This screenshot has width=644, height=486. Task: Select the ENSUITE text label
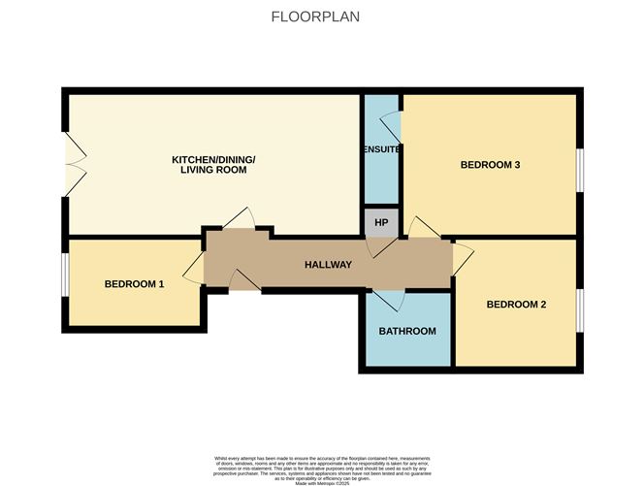point(380,149)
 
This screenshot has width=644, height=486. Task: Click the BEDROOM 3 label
point(490,165)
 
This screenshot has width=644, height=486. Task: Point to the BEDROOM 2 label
point(516,305)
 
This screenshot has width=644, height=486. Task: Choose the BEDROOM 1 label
point(134,284)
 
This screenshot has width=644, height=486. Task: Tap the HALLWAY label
point(328,265)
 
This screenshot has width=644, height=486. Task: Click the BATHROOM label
point(406,331)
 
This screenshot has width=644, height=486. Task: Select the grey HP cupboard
point(381,222)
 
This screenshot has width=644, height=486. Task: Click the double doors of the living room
point(72,162)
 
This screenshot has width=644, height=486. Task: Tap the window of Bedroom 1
point(64,275)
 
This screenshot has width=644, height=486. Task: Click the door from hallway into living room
point(238,220)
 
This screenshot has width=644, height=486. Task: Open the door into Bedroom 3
point(423,226)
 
